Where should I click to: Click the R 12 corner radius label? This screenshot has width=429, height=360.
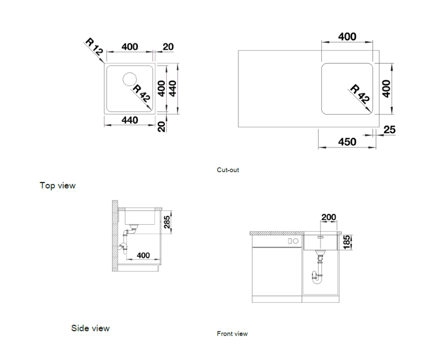pyautogui.click(x=94, y=47)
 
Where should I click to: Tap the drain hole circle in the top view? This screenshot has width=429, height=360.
pyautogui.click(x=130, y=79)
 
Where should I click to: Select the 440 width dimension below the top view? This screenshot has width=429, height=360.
pyautogui.click(x=130, y=120)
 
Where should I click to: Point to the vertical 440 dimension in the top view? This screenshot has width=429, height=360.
pyautogui.click(x=173, y=88)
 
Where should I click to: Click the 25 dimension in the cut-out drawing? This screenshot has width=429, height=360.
pyautogui.click(x=390, y=130)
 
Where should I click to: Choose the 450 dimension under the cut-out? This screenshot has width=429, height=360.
pyautogui.click(x=347, y=142)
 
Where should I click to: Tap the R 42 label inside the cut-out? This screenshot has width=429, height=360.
pyautogui.click(x=361, y=93)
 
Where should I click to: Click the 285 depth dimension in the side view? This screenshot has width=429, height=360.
pyautogui.click(x=167, y=222)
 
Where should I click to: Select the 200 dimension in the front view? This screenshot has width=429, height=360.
pyautogui.click(x=329, y=217)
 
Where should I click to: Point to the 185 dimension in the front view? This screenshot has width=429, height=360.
pyautogui.click(x=346, y=242)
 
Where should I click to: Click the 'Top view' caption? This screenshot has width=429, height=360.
pyautogui.click(x=58, y=185)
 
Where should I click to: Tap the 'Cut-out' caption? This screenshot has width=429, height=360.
pyautogui.click(x=228, y=170)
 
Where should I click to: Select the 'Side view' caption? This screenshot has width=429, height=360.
pyautogui.click(x=90, y=328)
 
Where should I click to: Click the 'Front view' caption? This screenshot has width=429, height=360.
pyautogui.click(x=232, y=334)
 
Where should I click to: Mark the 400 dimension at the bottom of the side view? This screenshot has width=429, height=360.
pyautogui.click(x=143, y=255)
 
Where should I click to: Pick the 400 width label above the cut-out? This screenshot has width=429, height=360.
pyautogui.click(x=347, y=37)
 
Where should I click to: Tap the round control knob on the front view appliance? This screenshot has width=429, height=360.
pyautogui.click(x=295, y=241)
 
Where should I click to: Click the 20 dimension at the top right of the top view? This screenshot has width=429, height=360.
pyautogui.click(x=168, y=47)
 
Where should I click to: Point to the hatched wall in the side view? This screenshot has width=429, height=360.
pyautogui.click(x=115, y=236)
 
